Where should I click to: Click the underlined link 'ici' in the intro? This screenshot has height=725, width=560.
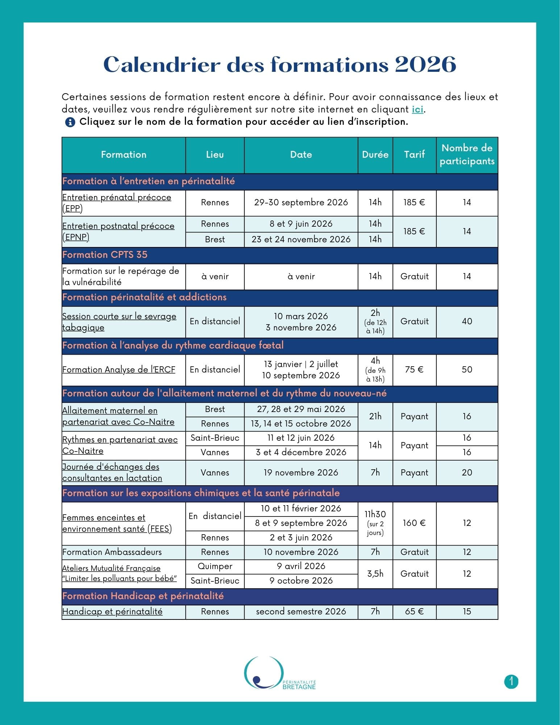point(418,109)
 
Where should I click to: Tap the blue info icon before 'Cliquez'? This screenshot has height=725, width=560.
point(70,122)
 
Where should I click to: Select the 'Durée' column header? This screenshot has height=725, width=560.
point(375,155)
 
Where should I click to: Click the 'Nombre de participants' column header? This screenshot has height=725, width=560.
point(467,155)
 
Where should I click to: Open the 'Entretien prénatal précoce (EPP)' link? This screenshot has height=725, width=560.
point(116,203)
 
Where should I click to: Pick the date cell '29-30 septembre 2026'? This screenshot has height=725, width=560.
point(301,202)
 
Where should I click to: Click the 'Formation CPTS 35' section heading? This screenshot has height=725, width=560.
point(105,255)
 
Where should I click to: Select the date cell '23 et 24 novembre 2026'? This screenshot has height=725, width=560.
point(301,239)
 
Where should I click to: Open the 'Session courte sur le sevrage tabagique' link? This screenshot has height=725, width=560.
point(119,322)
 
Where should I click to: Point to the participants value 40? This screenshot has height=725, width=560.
point(467,321)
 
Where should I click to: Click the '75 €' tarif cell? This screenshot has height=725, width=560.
point(414,370)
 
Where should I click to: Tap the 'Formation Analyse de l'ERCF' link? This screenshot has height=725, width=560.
point(119,370)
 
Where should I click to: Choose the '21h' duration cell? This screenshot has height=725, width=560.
point(375,416)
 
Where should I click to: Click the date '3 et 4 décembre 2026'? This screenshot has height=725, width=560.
point(301,452)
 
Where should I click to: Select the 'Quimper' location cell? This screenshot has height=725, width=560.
point(215,567)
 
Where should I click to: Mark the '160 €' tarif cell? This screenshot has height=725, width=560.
point(414,523)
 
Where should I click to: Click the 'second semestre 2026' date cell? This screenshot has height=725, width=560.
point(301,611)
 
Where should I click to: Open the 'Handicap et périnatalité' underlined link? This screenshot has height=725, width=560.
point(112,611)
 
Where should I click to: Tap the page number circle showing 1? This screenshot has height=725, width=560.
point(511,681)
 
